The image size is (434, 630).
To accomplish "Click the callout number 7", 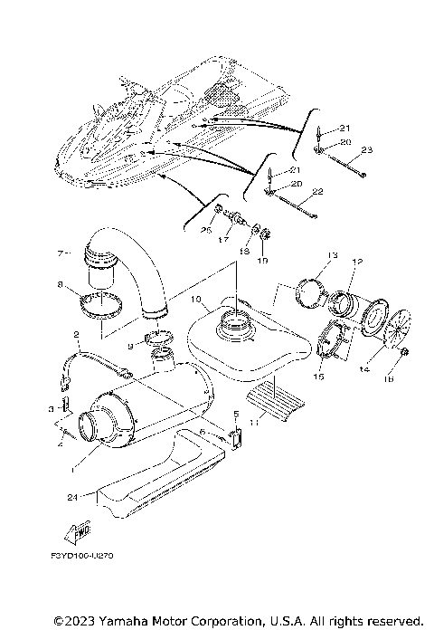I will [x=61, y=252].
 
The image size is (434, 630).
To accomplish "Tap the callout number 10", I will [x=195, y=298].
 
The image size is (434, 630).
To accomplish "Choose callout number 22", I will [x=317, y=191].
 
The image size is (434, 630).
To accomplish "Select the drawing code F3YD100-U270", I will [x=88, y=555].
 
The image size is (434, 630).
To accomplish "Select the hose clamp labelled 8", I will [x=102, y=305].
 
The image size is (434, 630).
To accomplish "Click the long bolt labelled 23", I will [x=344, y=167].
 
